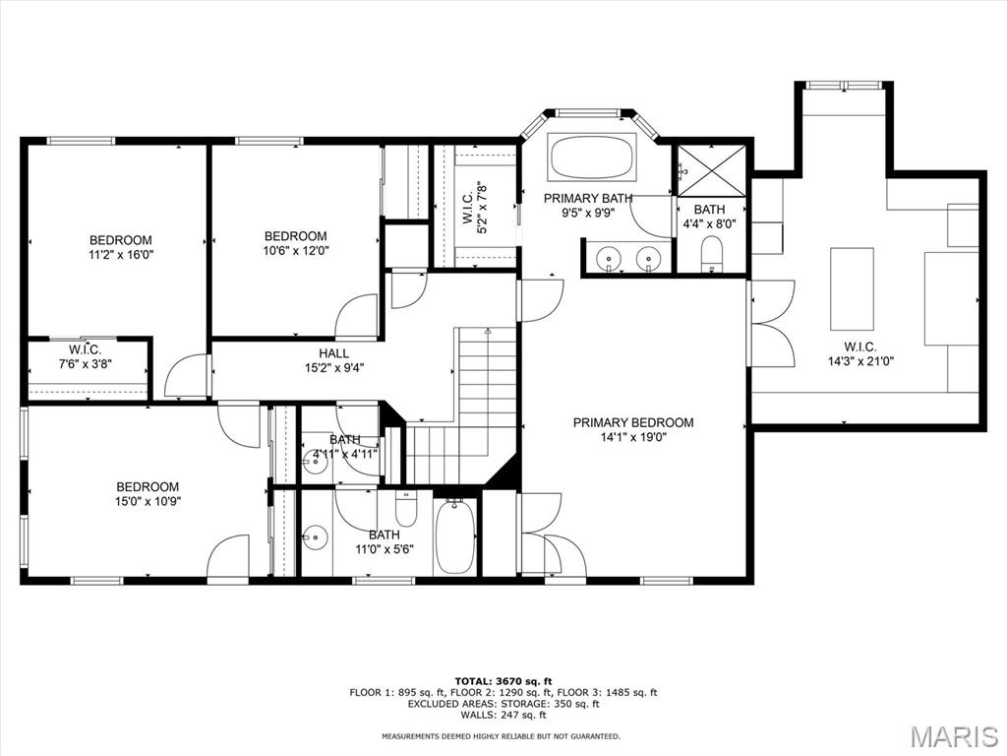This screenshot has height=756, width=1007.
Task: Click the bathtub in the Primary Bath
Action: (x=591, y=157)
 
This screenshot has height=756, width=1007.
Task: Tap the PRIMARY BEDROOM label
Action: (x=633, y=422)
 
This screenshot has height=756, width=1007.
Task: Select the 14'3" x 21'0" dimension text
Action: (x=860, y=361)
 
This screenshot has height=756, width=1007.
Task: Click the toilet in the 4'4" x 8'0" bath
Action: (x=712, y=253)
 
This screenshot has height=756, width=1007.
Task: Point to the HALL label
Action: (x=334, y=353)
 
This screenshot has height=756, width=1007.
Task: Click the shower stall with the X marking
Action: (x=712, y=170)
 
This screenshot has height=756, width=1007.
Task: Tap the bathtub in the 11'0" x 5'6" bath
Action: (x=455, y=536)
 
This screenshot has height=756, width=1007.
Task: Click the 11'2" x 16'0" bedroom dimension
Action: (x=121, y=254)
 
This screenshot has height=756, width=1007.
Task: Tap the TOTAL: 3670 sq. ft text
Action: (x=503, y=681)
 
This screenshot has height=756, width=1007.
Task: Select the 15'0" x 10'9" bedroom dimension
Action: (x=148, y=501)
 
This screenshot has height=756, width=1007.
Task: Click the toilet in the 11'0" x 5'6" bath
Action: (x=406, y=509)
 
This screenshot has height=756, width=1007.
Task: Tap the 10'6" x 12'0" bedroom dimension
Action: (x=296, y=250)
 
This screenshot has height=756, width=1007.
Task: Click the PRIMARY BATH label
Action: (x=588, y=198)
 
